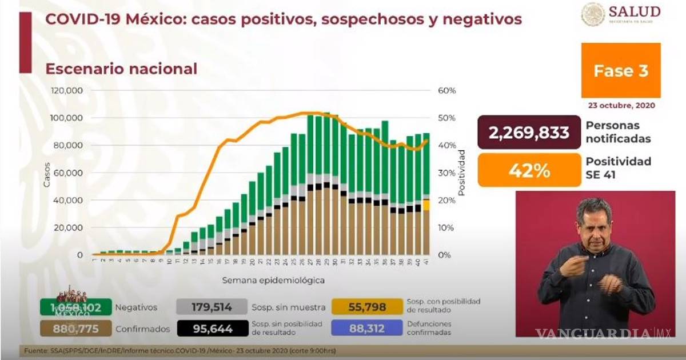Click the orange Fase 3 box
(x=621, y=70)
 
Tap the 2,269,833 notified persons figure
(x=529, y=133)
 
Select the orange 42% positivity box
(x=529, y=170)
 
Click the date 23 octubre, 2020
(x=621, y=106)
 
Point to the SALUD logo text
(x=635, y=11)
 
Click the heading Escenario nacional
(x=121, y=69)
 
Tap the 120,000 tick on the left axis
(x=67, y=91)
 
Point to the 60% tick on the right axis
(x=446, y=91)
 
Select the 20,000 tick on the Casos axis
(x=70, y=227)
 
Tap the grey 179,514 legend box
(x=212, y=307)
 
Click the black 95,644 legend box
(x=212, y=329)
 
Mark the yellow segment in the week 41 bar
(x=426, y=205)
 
